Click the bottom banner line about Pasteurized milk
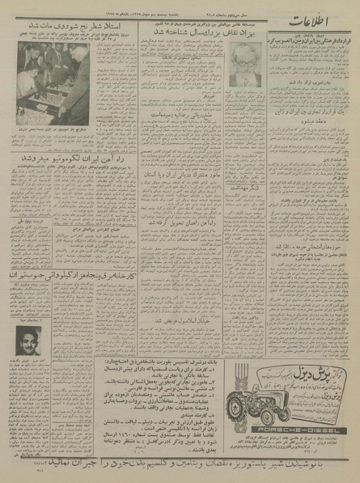(x=180, y=467)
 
